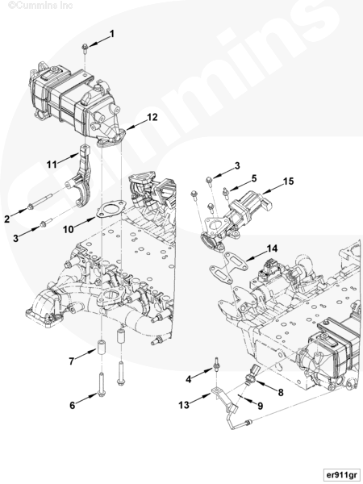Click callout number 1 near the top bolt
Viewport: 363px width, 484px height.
112,34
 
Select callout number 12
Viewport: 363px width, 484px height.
152,117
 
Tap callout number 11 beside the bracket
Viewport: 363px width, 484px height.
52,165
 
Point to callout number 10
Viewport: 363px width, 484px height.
69,229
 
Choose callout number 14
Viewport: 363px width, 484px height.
272,248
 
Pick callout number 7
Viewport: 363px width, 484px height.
72,361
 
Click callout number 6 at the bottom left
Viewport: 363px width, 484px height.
73,405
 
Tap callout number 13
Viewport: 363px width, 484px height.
184,405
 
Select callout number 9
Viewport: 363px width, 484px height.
261,406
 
